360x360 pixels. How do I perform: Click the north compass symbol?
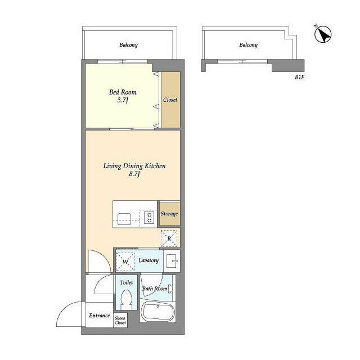[322, 34]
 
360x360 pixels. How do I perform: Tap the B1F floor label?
[299, 78]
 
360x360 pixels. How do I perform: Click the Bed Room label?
[123, 92]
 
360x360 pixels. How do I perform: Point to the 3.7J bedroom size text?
[123, 100]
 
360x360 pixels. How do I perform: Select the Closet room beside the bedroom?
[170, 100]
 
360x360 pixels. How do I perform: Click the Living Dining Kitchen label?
[134, 166]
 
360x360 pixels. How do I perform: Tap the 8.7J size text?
[134, 174]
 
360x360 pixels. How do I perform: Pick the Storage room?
[170, 214]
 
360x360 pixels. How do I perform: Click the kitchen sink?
[124, 219]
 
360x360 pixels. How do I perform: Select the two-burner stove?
[149, 218]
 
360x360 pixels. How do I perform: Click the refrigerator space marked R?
[169, 238]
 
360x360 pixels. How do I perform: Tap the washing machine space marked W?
[125, 262]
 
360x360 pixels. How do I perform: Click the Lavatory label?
[148, 260]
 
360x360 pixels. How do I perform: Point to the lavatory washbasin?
[172, 261]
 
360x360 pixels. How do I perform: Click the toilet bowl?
[127, 300]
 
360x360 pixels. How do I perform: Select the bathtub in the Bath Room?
[157, 312]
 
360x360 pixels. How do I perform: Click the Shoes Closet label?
[120, 320]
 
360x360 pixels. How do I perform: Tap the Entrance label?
[100, 316]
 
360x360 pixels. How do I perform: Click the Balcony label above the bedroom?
[128, 45]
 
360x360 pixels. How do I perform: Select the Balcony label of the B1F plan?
[249, 45]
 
